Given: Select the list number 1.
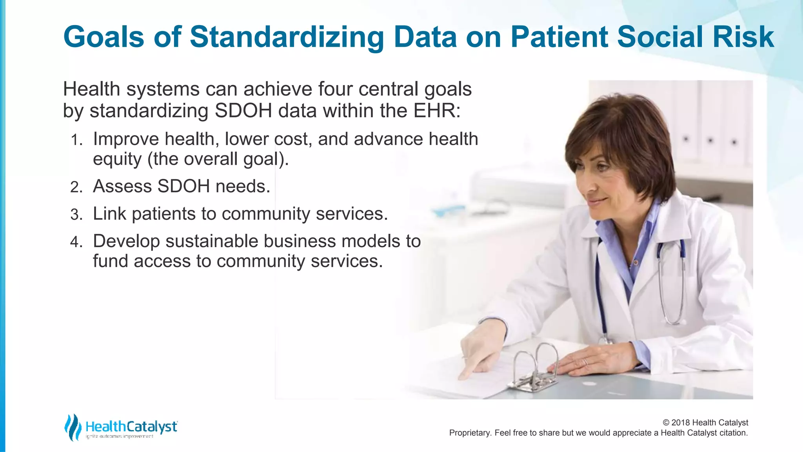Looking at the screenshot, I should [76, 140].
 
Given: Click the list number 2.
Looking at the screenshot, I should [76, 187].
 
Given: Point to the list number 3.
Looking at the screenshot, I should [76, 215].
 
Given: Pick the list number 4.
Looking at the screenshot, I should [76, 242].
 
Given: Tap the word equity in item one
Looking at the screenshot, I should [117, 159].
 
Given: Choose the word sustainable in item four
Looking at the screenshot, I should [211, 241].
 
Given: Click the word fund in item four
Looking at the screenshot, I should [110, 261].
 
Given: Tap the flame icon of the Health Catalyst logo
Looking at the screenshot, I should [73, 427].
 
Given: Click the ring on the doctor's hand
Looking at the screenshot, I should [585, 361].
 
